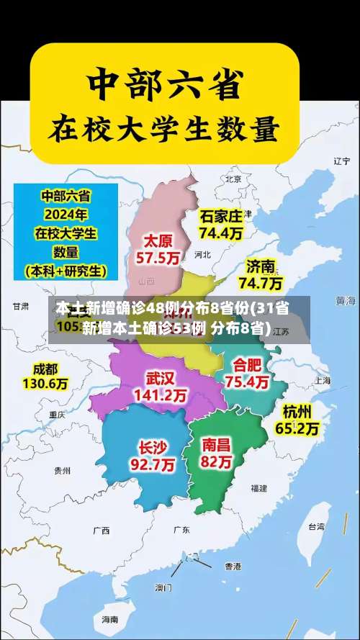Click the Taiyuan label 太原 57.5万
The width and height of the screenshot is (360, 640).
(159, 248)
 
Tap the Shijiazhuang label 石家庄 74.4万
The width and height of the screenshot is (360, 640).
(221, 224)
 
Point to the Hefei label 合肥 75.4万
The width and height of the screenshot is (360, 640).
(247, 373)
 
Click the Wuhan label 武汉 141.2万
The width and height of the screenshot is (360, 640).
(160, 386)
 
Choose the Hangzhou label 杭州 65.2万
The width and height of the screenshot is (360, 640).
(297, 420)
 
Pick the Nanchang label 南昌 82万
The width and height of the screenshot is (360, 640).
(217, 453)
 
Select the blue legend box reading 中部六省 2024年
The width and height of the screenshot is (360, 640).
(66, 233)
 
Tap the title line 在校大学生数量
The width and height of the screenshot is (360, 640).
(163, 130)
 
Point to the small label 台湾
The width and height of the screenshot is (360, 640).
(316, 526)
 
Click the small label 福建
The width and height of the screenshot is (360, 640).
(259, 487)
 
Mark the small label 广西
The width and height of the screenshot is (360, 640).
(101, 531)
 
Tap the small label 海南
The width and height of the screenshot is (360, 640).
(109, 619)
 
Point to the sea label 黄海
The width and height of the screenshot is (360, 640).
(346, 299)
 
